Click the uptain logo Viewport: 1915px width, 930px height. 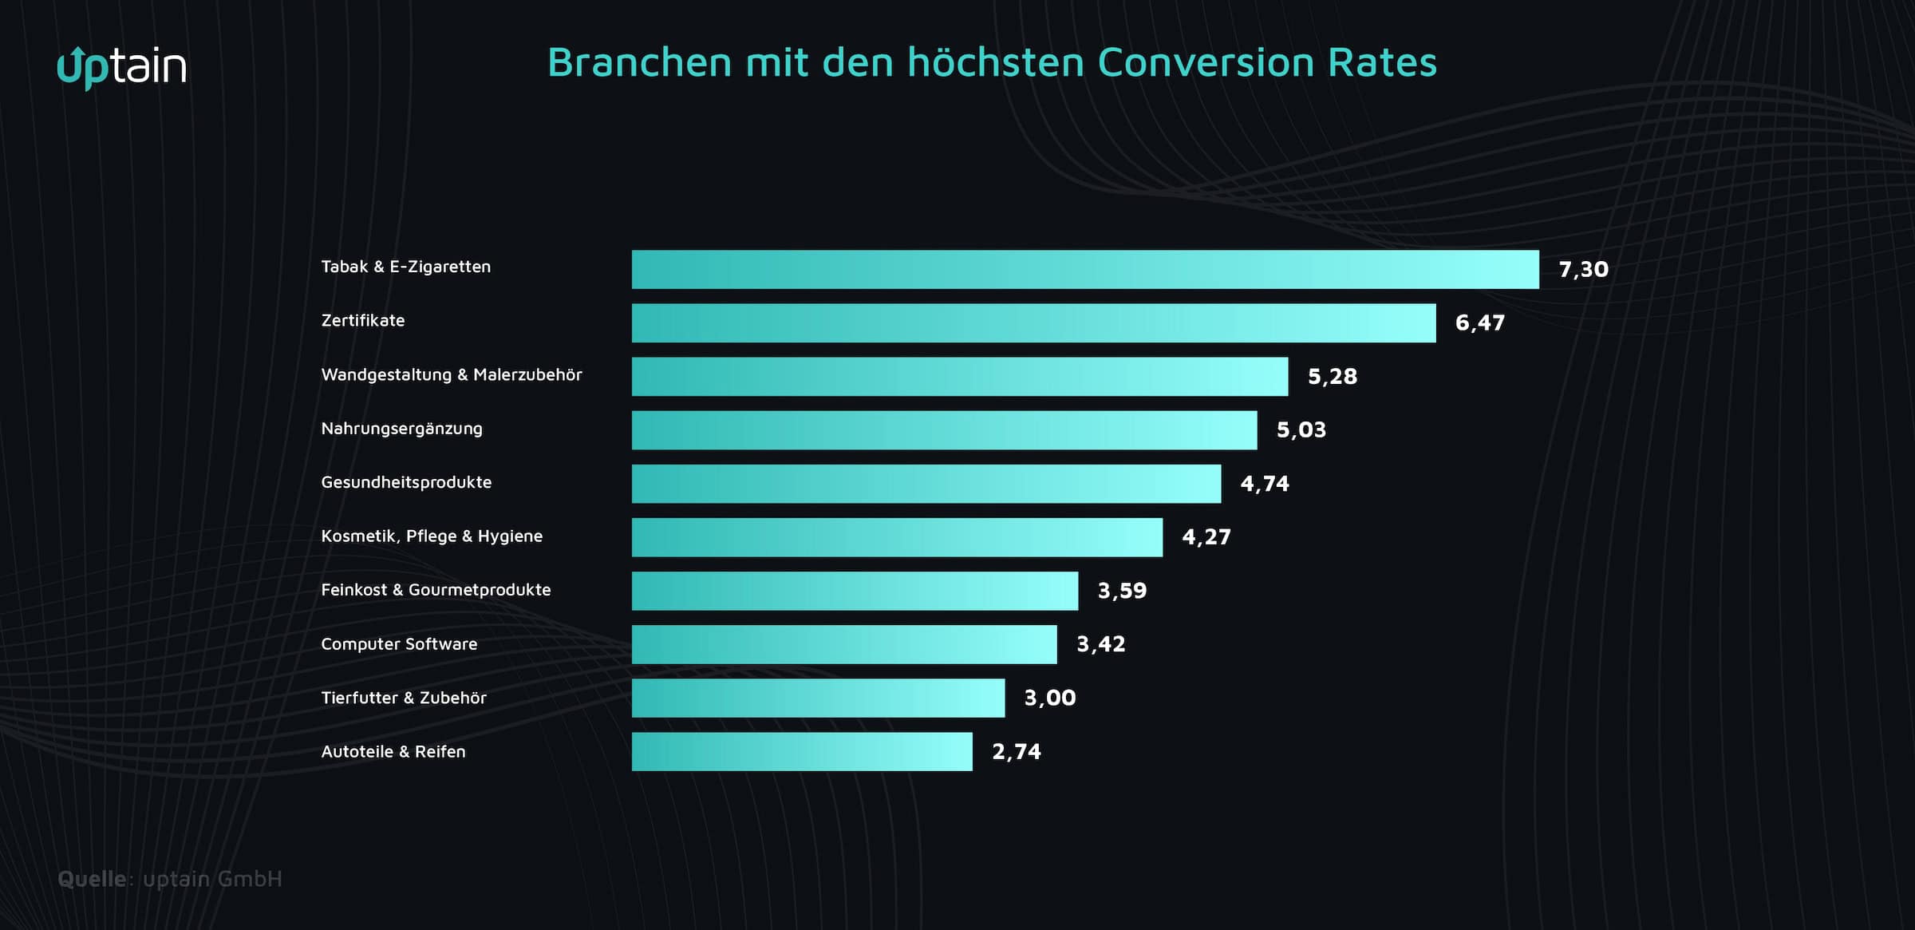(x=122, y=67)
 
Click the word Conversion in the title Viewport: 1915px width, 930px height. (x=1206, y=62)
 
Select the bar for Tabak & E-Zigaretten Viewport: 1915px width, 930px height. (x=1085, y=269)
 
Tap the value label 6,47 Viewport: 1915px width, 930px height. (x=1479, y=323)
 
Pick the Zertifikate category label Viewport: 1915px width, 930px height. (x=363, y=320)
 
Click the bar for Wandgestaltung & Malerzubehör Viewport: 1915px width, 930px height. (x=960, y=376)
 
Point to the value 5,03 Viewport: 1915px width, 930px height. (x=1301, y=429)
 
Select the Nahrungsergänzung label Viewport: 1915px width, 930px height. (x=401, y=429)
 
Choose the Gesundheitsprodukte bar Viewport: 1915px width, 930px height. (x=926, y=483)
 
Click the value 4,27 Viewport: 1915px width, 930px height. (x=1206, y=536)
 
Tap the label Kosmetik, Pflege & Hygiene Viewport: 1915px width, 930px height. (x=432, y=536)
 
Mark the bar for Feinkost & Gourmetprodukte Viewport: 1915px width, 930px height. (x=855, y=590)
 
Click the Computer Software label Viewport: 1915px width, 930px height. (x=399, y=643)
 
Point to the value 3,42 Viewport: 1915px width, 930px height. (x=1100, y=643)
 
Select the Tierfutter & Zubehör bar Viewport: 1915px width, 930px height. (x=818, y=698)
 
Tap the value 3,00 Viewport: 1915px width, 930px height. (x=1049, y=698)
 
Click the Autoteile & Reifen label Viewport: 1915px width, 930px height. (x=393, y=751)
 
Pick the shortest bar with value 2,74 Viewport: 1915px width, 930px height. (x=802, y=751)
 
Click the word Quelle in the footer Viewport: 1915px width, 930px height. (x=92, y=878)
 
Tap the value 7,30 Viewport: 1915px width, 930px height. (x=1583, y=269)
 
